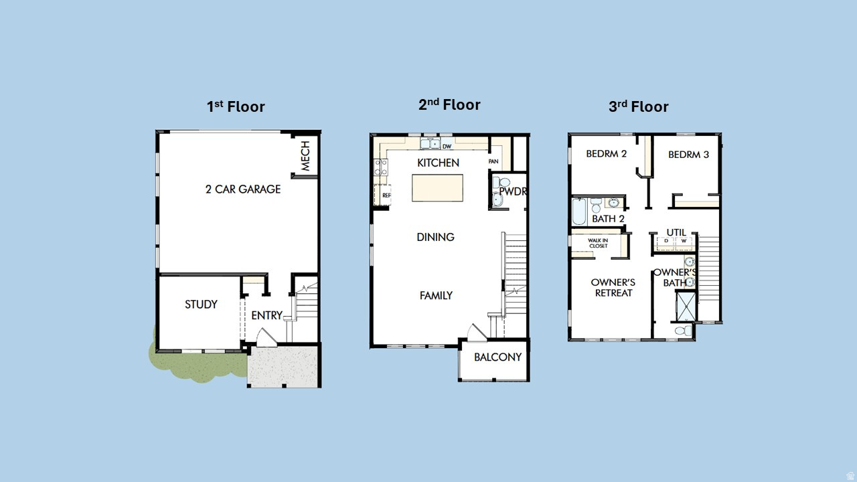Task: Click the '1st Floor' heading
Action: click(x=236, y=106)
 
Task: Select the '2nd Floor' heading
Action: click(x=449, y=104)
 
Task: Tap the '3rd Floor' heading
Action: click(x=638, y=106)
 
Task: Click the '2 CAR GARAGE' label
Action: click(x=242, y=189)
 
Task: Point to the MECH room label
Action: click(x=305, y=156)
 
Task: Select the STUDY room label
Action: click(x=201, y=305)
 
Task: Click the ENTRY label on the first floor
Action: click(x=266, y=315)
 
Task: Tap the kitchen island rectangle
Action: click(x=437, y=187)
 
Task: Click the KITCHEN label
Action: click(x=438, y=163)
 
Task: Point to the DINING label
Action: click(x=435, y=237)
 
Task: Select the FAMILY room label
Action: click(x=436, y=295)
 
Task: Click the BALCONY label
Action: click(x=497, y=357)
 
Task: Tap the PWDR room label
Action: click(x=513, y=191)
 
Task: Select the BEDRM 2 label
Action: click(x=606, y=154)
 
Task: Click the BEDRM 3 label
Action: click(x=688, y=155)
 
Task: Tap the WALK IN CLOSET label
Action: click(x=598, y=243)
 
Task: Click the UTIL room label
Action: click(x=676, y=232)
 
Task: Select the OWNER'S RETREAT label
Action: click(x=613, y=287)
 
